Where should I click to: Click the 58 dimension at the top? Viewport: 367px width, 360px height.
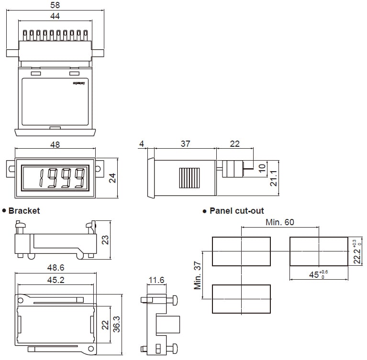[x=56, y=5]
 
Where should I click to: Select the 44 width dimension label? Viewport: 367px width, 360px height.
[x=55, y=16]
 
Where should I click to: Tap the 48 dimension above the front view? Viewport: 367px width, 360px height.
[x=55, y=144]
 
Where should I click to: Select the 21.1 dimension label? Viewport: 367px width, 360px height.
[x=274, y=178]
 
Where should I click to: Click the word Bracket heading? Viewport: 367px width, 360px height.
[x=24, y=210]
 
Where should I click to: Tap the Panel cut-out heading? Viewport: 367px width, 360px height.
[x=236, y=210]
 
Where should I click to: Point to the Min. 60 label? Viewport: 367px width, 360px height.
[x=280, y=222]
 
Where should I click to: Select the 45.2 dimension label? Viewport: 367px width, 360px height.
[x=56, y=280]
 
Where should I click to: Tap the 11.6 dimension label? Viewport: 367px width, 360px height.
[x=156, y=280]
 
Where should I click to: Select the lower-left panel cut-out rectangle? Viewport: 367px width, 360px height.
[x=241, y=299]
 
